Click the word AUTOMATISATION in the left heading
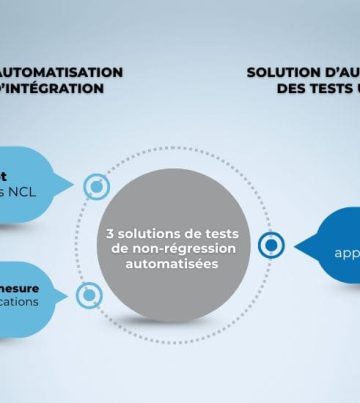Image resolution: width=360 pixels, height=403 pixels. coord(63,72)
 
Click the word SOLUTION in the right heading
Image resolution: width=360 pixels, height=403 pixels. coord(282,72)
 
